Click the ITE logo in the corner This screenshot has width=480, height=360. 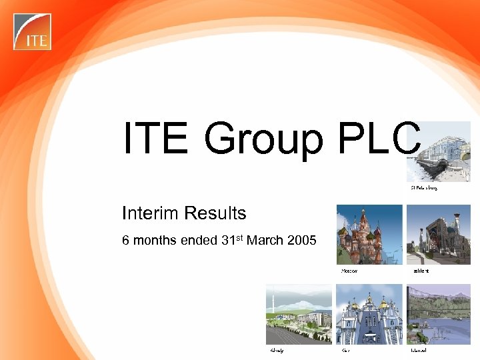[32, 31]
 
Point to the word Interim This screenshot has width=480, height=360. [147, 213]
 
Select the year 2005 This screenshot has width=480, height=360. [301, 240]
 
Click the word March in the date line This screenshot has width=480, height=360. [265, 240]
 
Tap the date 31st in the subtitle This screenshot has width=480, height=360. [231, 239]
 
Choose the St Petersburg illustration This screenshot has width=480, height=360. [440, 152]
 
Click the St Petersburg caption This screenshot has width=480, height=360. [423, 189]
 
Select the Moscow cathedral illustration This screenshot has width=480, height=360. [369, 235]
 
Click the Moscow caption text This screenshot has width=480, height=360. [349, 271]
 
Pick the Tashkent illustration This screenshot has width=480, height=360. [439, 235]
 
